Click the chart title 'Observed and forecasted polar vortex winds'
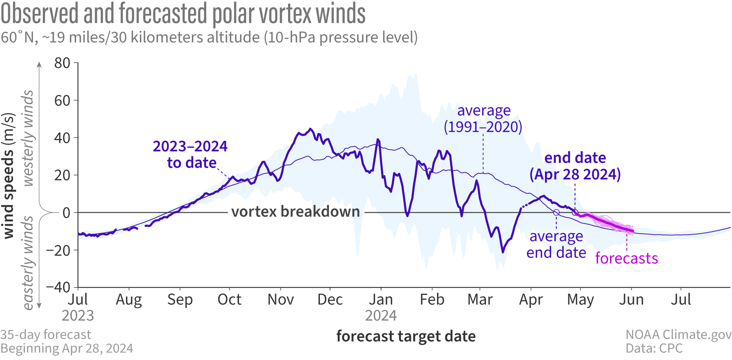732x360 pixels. coord(183,14)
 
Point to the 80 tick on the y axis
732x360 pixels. coord(62,63)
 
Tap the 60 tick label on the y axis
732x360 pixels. coord(62,101)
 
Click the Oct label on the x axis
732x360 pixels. coord(229,300)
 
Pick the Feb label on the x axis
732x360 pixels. coord(432,300)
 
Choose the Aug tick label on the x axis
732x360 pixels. coord(129,300)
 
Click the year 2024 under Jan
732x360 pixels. coord(381,315)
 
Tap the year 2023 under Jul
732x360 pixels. coord(78,315)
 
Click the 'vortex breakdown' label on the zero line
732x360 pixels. coord(296,212)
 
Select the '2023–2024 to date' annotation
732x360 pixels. coord(190,154)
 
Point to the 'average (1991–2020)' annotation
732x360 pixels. coord(483,119)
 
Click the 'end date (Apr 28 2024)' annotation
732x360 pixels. coord(575,166)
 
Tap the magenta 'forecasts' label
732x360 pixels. coord(627,258)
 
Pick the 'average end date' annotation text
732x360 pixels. coord(556,244)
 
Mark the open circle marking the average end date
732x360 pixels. coord(556,213)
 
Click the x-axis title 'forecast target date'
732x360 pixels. coord(406,336)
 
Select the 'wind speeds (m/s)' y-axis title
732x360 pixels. coord(9,176)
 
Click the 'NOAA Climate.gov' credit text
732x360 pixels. coord(678,334)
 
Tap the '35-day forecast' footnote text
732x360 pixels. coord(46,334)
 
